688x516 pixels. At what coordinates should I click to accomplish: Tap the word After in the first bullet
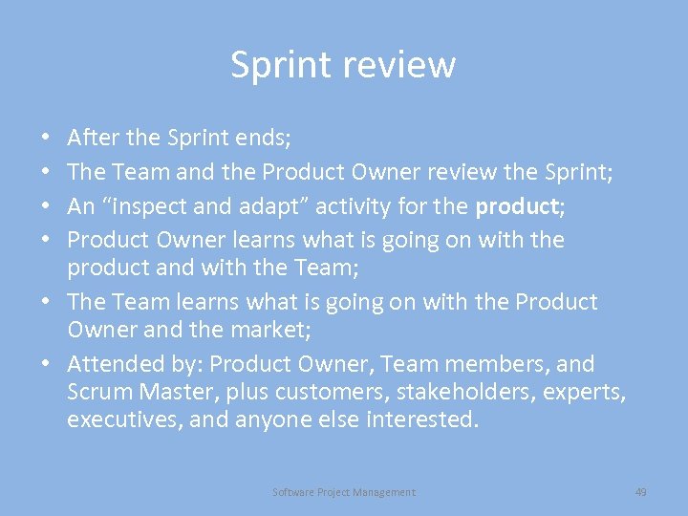93,138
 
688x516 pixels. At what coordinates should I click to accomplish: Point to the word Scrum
99,392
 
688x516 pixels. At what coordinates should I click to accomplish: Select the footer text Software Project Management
344,492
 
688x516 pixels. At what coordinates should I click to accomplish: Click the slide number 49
640,492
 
